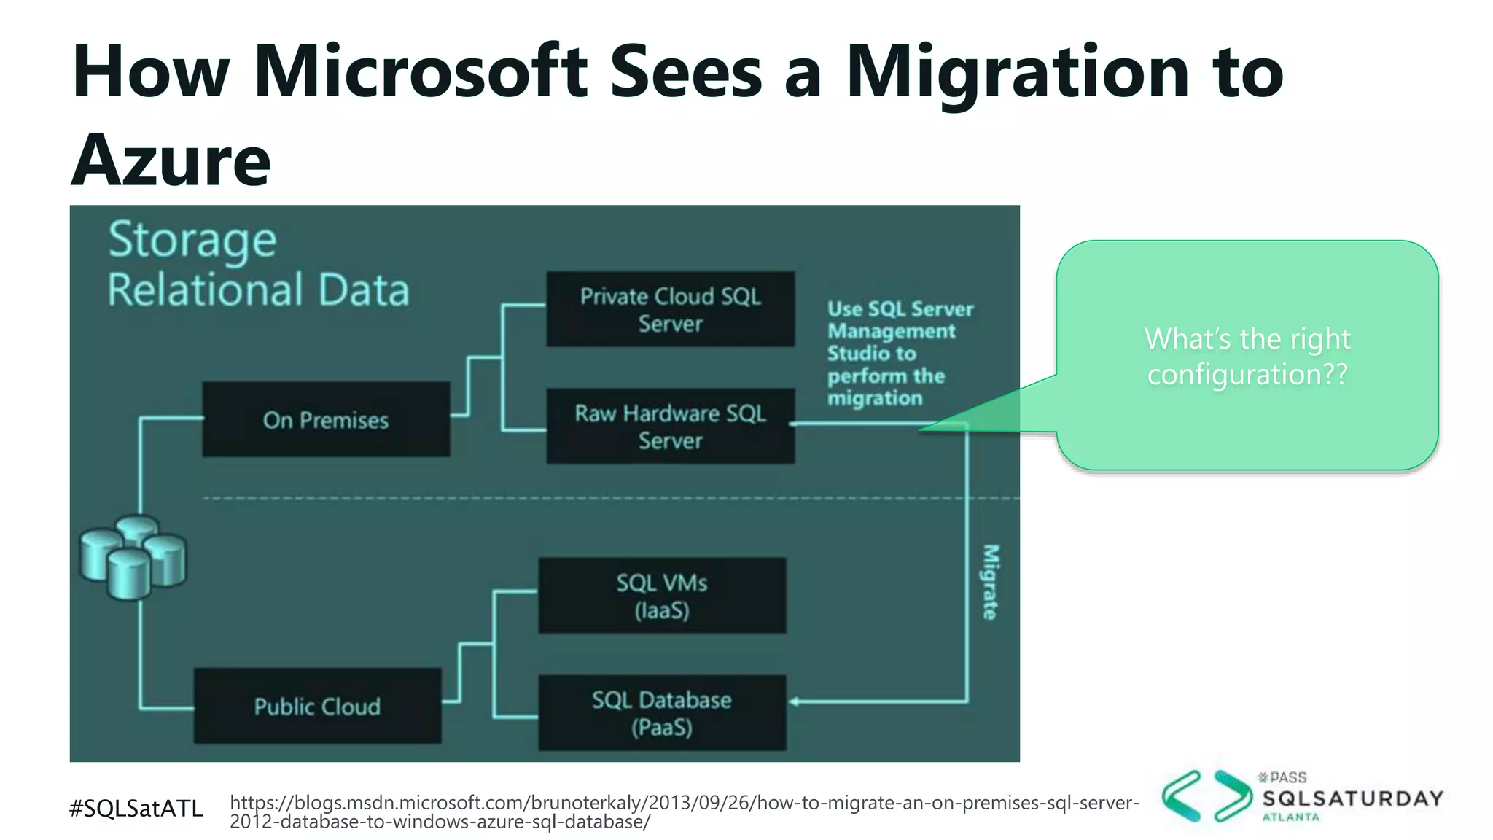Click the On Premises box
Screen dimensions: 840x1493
click(x=326, y=420)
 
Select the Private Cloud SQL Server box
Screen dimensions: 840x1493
click(x=670, y=309)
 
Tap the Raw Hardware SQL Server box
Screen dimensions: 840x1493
click(x=670, y=427)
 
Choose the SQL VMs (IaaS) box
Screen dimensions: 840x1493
click(x=662, y=596)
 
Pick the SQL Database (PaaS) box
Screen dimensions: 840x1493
click(x=662, y=713)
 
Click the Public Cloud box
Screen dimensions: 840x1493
click(x=317, y=706)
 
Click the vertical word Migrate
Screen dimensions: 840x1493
click(x=989, y=582)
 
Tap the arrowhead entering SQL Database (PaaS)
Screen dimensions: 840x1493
click(x=795, y=701)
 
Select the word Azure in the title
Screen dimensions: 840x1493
click(x=171, y=160)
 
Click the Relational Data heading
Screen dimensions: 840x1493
click(x=258, y=289)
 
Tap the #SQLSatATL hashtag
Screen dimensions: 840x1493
click(x=136, y=808)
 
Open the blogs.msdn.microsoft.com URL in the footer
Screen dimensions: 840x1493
click(x=684, y=812)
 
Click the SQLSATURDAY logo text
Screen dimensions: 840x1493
click(x=1352, y=798)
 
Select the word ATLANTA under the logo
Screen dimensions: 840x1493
click(x=1290, y=817)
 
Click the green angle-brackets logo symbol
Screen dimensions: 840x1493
click(x=1206, y=796)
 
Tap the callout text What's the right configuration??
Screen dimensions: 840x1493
click(x=1247, y=357)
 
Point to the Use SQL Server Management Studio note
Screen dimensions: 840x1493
click(x=900, y=354)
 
